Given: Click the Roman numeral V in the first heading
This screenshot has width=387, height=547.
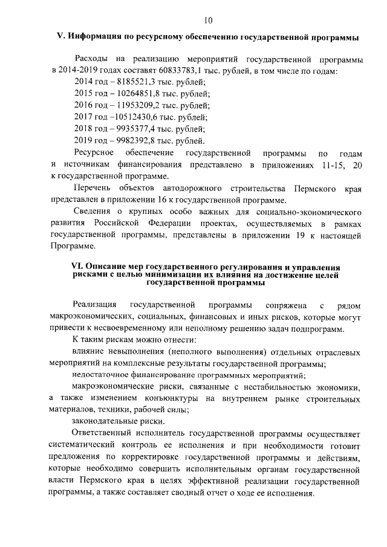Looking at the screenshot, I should [x=52, y=38].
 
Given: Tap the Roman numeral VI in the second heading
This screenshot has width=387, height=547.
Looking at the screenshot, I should [x=76, y=267].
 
